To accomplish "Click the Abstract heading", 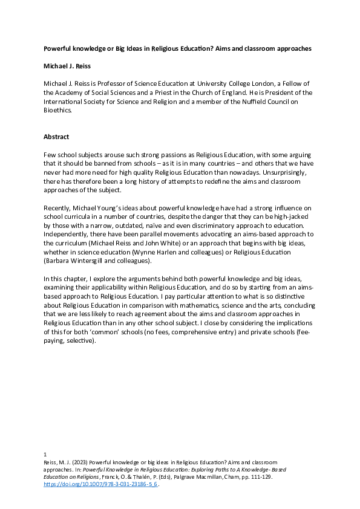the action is tap(56, 137).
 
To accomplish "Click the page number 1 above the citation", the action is tap(45, 453).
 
